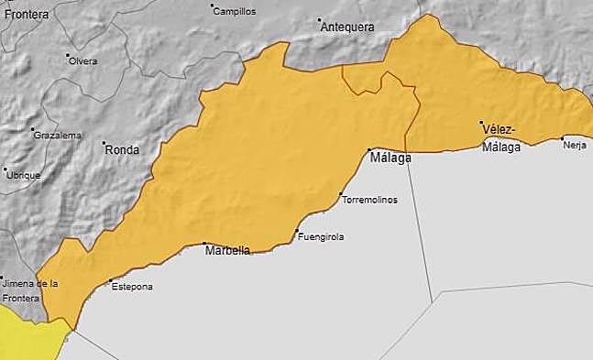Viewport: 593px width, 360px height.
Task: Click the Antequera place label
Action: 347,27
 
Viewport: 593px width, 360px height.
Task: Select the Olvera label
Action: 82,61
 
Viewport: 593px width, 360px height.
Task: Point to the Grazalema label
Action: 57,136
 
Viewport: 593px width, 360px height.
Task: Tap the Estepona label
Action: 132,287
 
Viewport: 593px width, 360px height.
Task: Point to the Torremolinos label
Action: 369,201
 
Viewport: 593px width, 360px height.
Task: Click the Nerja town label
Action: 575,145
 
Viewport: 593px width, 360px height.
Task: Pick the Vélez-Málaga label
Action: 500,136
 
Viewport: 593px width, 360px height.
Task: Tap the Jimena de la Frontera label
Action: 29,290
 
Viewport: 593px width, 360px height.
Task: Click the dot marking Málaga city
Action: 369,149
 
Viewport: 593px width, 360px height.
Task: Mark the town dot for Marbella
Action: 204,244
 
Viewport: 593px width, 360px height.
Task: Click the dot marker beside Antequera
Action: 320,20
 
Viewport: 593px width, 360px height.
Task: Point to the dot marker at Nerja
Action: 563,138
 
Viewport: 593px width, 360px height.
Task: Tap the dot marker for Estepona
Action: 110,281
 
